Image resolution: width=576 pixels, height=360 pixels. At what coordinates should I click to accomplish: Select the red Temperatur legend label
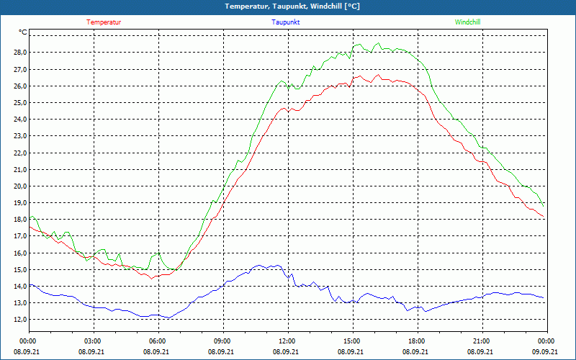(x=104, y=22)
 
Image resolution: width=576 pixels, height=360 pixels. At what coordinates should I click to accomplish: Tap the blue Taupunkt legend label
(x=286, y=22)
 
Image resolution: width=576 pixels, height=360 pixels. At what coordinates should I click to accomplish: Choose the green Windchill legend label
(x=467, y=22)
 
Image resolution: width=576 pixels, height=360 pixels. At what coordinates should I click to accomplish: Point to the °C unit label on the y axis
(x=23, y=32)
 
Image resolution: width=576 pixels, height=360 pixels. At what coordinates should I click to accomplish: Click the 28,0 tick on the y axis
(x=19, y=53)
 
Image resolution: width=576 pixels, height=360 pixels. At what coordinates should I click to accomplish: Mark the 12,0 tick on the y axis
(x=19, y=320)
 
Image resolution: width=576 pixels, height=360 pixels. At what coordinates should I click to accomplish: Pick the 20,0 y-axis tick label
(x=19, y=186)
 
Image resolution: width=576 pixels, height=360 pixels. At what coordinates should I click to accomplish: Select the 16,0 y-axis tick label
(x=19, y=253)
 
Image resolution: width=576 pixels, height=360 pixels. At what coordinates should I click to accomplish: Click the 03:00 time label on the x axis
(x=93, y=341)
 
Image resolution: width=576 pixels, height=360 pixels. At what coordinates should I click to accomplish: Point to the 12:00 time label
(x=287, y=341)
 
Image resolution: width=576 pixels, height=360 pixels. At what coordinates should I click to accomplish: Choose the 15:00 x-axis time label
(x=352, y=341)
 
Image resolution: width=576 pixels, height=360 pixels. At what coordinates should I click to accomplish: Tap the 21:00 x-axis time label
(x=482, y=341)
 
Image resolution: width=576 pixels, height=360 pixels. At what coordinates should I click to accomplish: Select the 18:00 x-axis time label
(x=417, y=341)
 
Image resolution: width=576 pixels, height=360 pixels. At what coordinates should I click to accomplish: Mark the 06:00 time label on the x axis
(x=158, y=341)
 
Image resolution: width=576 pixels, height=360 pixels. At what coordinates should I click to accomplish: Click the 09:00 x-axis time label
(x=222, y=341)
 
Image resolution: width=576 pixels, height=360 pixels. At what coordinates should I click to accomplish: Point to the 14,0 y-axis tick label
(x=19, y=286)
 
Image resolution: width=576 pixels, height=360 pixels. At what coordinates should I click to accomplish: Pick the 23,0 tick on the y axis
(x=19, y=136)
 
